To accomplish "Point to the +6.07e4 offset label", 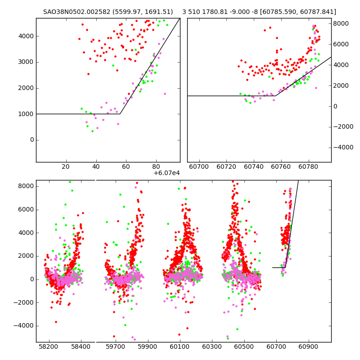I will [166, 173].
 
